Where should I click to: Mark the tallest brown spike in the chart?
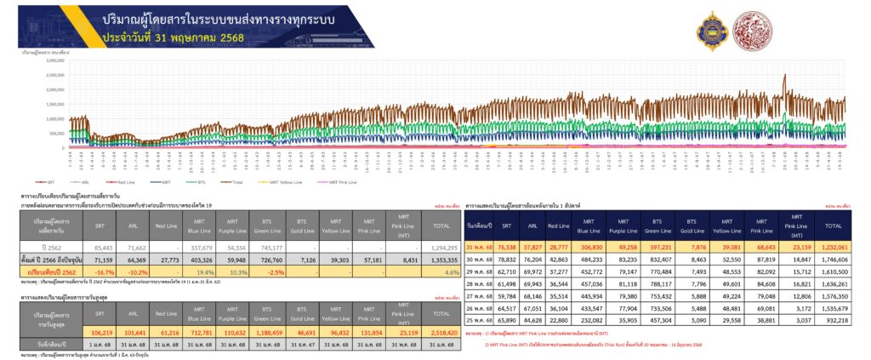tap(784, 77)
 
